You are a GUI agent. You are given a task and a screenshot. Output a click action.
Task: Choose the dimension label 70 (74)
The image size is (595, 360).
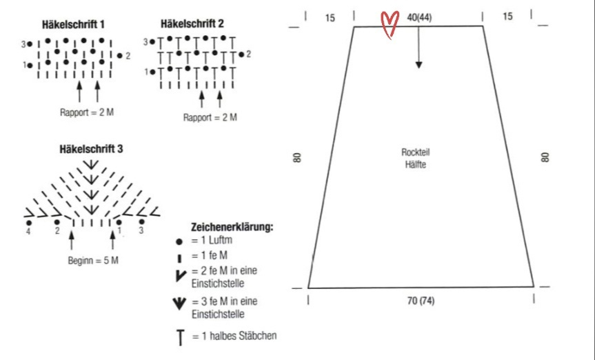(x=421, y=301)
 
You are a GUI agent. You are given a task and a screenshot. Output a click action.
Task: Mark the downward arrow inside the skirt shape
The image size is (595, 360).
(x=418, y=55)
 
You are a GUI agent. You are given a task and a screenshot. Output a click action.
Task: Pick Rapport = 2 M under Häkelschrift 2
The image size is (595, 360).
(x=210, y=117)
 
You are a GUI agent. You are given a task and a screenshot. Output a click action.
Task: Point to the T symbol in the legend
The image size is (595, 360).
(x=180, y=337)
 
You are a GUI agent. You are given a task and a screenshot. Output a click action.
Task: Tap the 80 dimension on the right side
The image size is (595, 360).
(x=546, y=157)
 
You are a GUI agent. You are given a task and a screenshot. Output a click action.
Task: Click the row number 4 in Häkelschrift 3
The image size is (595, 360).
(x=29, y=231)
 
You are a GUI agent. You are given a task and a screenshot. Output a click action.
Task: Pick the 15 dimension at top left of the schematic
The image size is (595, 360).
(x=330, y=17)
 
